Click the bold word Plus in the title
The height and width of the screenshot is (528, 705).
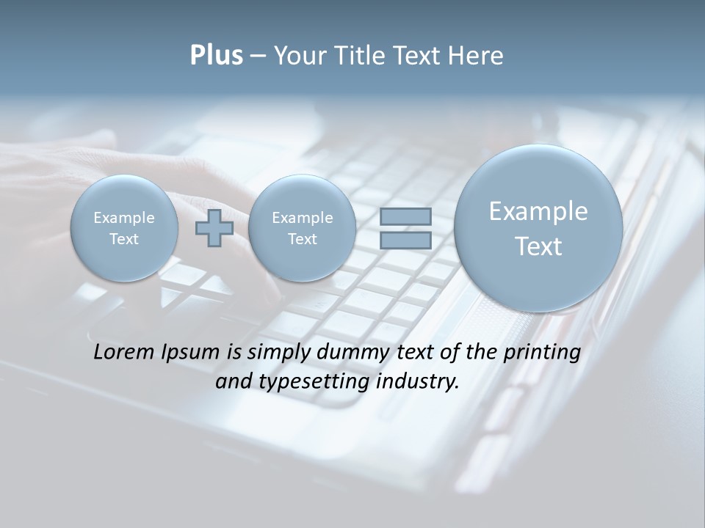[216, 56]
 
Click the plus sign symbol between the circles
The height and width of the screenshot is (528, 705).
[214, 228]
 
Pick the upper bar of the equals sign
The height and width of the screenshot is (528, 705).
[405, 216]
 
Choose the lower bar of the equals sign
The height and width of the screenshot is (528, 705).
[405, 240]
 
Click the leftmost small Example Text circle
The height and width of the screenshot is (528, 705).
[124, 228]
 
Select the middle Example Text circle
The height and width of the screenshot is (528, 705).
[302, 228]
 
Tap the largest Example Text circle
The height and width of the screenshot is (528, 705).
[538, 228]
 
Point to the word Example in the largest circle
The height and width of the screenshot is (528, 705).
[538, 211]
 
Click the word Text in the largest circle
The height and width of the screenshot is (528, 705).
[538, 246]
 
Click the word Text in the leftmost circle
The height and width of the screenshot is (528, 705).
[124, 239]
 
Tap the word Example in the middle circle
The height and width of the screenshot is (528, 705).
[302, 218]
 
